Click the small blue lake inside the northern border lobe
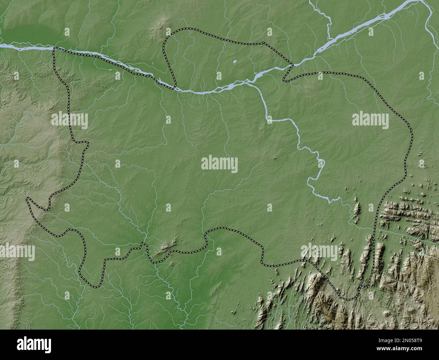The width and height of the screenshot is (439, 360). pyautogui.click(x=234, y=62)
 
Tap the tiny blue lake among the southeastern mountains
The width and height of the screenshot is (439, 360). pyautogui.click(x=416, y=302)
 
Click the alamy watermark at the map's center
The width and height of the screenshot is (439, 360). pyautogui.click(x=219, y=164)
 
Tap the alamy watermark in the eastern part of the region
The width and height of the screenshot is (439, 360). pyautogui.click(x=370, y=120)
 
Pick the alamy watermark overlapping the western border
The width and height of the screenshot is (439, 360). pyautogui.click(x=70, y=120)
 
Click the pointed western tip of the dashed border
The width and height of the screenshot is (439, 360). pyautogui.click(x=27, y=199)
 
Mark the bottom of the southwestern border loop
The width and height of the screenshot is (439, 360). pyautogui.click(x=96, y=287)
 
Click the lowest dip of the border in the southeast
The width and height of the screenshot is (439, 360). pyautogui.click(x=348, y=299)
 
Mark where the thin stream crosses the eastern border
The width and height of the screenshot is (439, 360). pyautogui.click(x=375, y=228)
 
